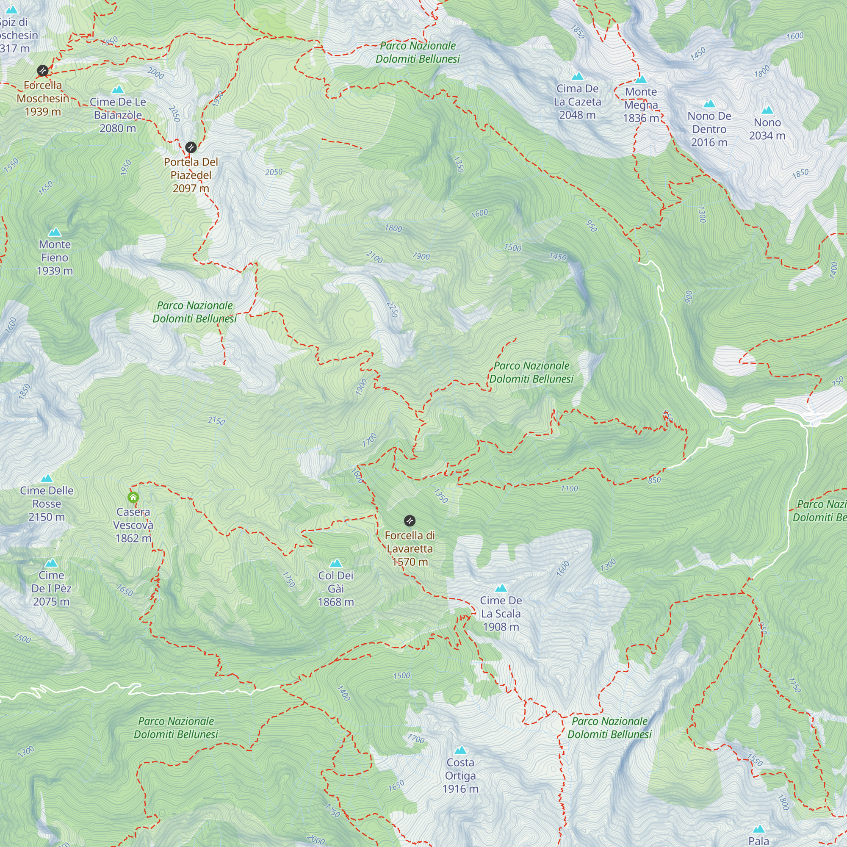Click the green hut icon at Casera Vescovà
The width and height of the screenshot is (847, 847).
[133, 497]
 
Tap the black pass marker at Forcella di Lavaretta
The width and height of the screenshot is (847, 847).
[410, 521]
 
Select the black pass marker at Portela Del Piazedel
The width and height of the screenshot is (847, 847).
[191, 147]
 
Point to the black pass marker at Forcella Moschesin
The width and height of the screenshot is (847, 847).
[42, 71]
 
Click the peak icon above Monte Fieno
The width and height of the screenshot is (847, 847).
[55, 232]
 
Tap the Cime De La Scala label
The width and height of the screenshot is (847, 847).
[501, 613]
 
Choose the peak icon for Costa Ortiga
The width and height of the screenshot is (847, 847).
[460, 750]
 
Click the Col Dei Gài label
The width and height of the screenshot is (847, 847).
[336, 588]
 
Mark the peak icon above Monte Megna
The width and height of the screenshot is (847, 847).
[641, 79]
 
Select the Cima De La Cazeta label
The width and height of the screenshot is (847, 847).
[577, 102]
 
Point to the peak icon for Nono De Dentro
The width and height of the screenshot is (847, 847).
[709, 104]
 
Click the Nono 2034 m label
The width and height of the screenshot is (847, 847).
[767, 129]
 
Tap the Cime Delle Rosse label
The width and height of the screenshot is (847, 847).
[47, 503]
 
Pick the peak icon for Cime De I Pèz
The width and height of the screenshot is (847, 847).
[51, 562]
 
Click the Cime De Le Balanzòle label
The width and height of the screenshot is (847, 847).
[117, 115]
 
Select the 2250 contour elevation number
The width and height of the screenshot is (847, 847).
[393, 309]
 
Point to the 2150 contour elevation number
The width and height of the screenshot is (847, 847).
[216, 421]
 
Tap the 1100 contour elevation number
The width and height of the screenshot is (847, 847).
[570, 488]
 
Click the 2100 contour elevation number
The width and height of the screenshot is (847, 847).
[374, 257]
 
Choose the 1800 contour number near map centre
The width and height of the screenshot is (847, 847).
[393, 228]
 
